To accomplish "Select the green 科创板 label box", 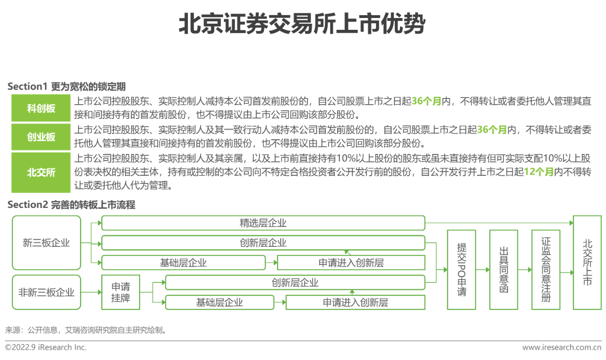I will [x=41, y=108].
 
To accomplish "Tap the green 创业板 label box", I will [x=41, y=137].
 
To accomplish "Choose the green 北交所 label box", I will [x=41, y=172].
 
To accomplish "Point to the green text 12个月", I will [x=538, y=172].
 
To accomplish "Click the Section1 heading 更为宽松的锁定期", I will [x=66, y=87].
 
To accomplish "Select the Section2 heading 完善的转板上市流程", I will [x=71, y=205].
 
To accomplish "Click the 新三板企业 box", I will [x=46, y=243].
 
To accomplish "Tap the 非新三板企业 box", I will [x=46, y=292].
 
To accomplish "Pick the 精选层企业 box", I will [x=263, y=223].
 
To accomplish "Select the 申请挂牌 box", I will [x=120, y=292].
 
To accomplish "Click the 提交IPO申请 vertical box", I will [x=462, y=270].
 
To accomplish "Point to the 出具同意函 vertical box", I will [x=504, y=270].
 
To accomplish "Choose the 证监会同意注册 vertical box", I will [x=546, y=270].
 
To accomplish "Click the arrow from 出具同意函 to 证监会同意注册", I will [x=525, y=270].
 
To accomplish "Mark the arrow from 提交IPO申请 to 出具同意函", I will [x=483, y=270].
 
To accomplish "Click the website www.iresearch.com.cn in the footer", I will [x=561, y=348].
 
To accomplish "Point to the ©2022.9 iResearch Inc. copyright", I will [x=46, y=348].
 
